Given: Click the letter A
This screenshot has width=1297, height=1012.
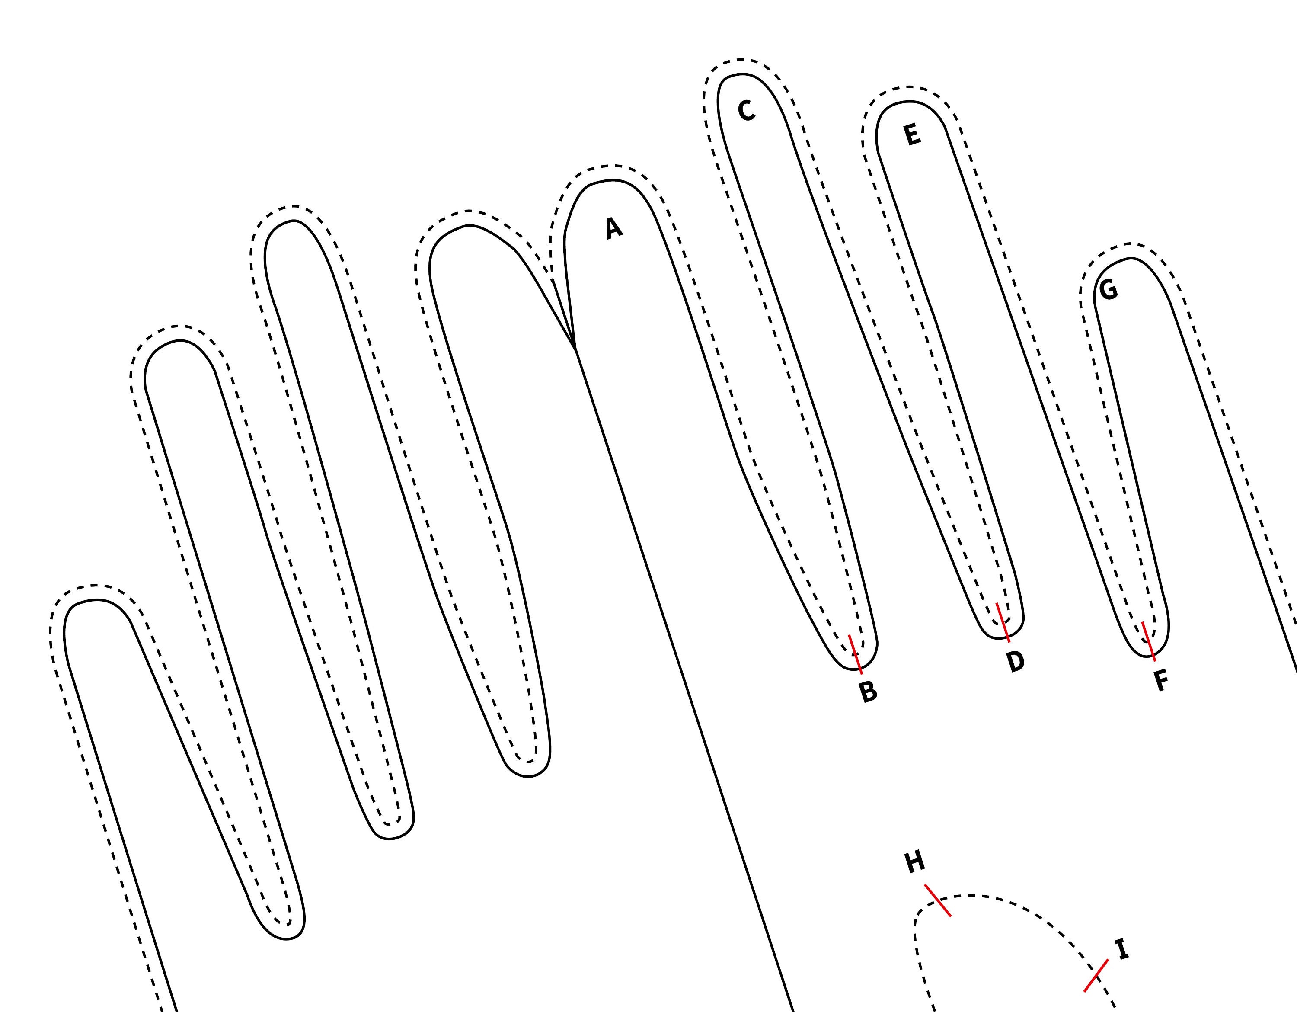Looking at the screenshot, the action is coord(614,228).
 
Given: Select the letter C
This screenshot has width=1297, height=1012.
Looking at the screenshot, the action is coord(747,110).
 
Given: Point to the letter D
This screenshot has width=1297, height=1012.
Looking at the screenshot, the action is coord(1016,661).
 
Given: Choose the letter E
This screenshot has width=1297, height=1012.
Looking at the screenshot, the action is coord(912,135).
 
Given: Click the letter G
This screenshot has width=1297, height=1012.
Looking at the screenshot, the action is coord(1108,290).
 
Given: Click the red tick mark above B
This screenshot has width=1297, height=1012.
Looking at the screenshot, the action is coord(855,654).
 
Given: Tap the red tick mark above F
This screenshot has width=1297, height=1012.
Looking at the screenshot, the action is coord(1149,641).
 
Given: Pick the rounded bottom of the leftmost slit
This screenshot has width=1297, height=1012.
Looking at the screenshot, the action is coord(286,938).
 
